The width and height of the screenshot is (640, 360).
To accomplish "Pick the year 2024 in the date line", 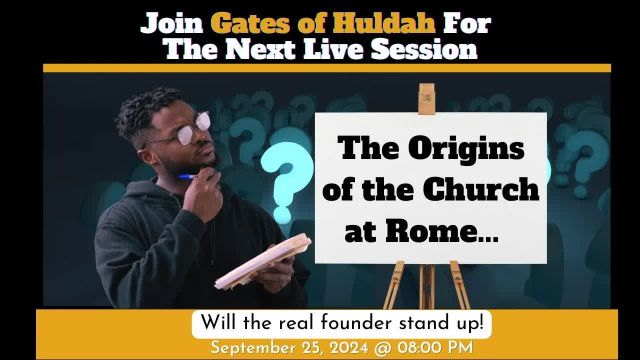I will pos(355,347).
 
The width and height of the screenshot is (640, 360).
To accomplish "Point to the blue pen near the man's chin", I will pos(187,177).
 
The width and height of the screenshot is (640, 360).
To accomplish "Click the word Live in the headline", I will pos(320,48).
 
